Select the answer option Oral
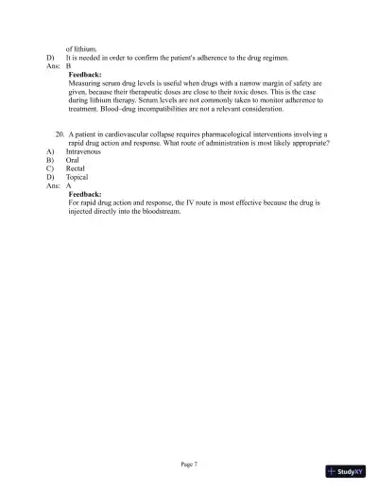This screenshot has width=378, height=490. (x=73, y=160)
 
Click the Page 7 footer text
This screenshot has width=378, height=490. (x=189, y=464)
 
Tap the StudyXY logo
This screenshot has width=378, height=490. (x=345, y=470)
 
